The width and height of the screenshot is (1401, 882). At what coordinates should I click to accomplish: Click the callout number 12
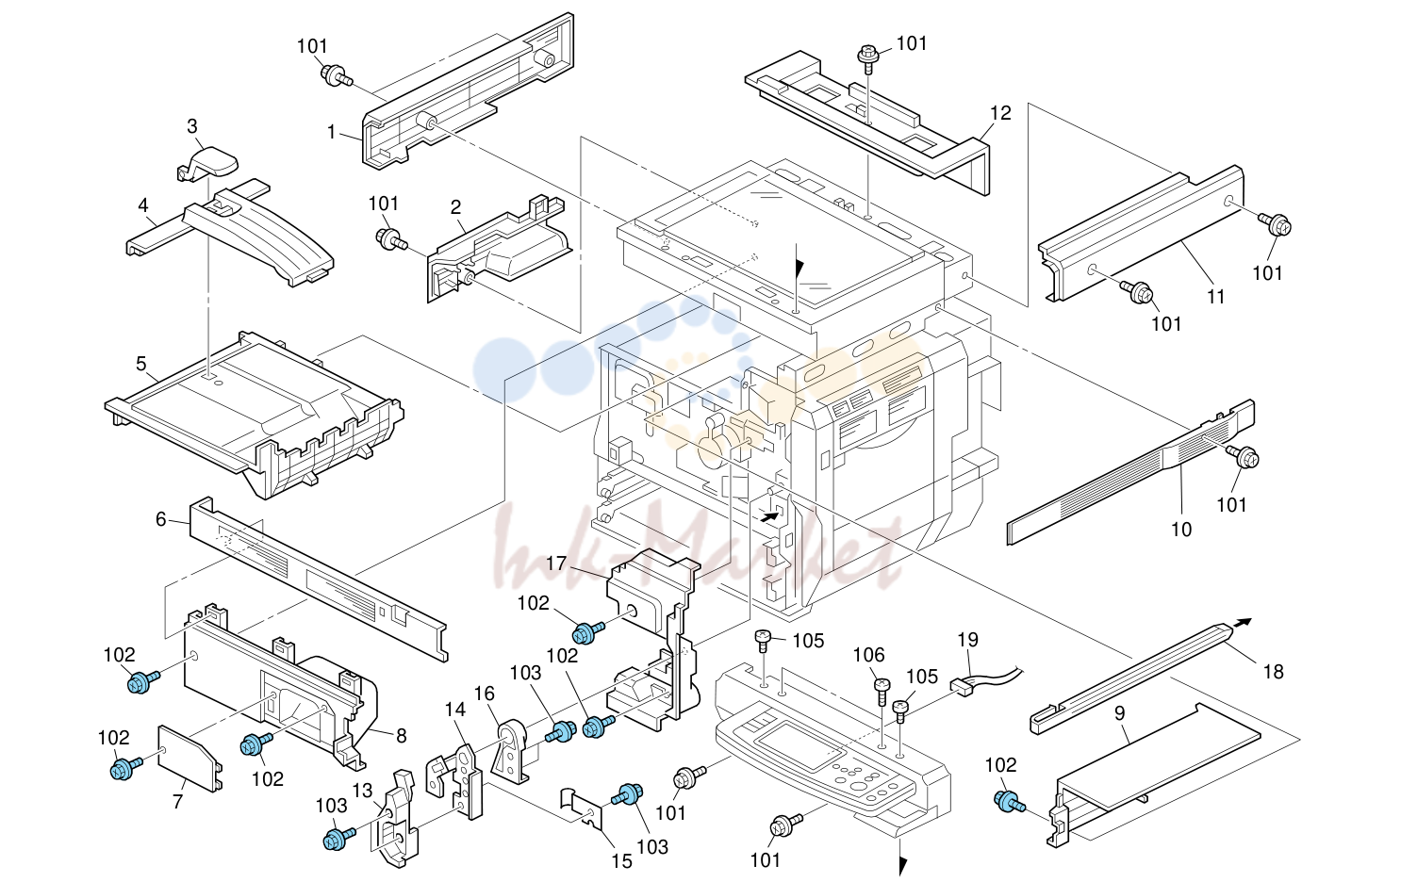(x=1000, y=113)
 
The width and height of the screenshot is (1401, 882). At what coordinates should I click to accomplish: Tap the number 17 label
(x=556, y=563)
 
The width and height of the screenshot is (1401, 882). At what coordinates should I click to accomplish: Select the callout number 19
(x=967, y=640)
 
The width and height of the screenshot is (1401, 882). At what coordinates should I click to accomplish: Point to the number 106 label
(x=869, y=655)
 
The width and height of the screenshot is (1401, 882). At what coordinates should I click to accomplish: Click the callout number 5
(x=140, y=363)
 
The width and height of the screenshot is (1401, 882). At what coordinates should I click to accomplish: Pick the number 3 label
(x=192, y=126)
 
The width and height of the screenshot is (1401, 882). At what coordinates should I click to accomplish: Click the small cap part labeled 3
(x=207, y=164)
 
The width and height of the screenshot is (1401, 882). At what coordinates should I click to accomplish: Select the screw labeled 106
(x=882, y=691)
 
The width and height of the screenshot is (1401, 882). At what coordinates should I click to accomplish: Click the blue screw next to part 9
(x=1008, y=802)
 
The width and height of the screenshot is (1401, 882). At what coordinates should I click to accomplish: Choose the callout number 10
(x=1180, y=530)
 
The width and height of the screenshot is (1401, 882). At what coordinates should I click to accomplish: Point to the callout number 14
(x=455, y=710)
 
